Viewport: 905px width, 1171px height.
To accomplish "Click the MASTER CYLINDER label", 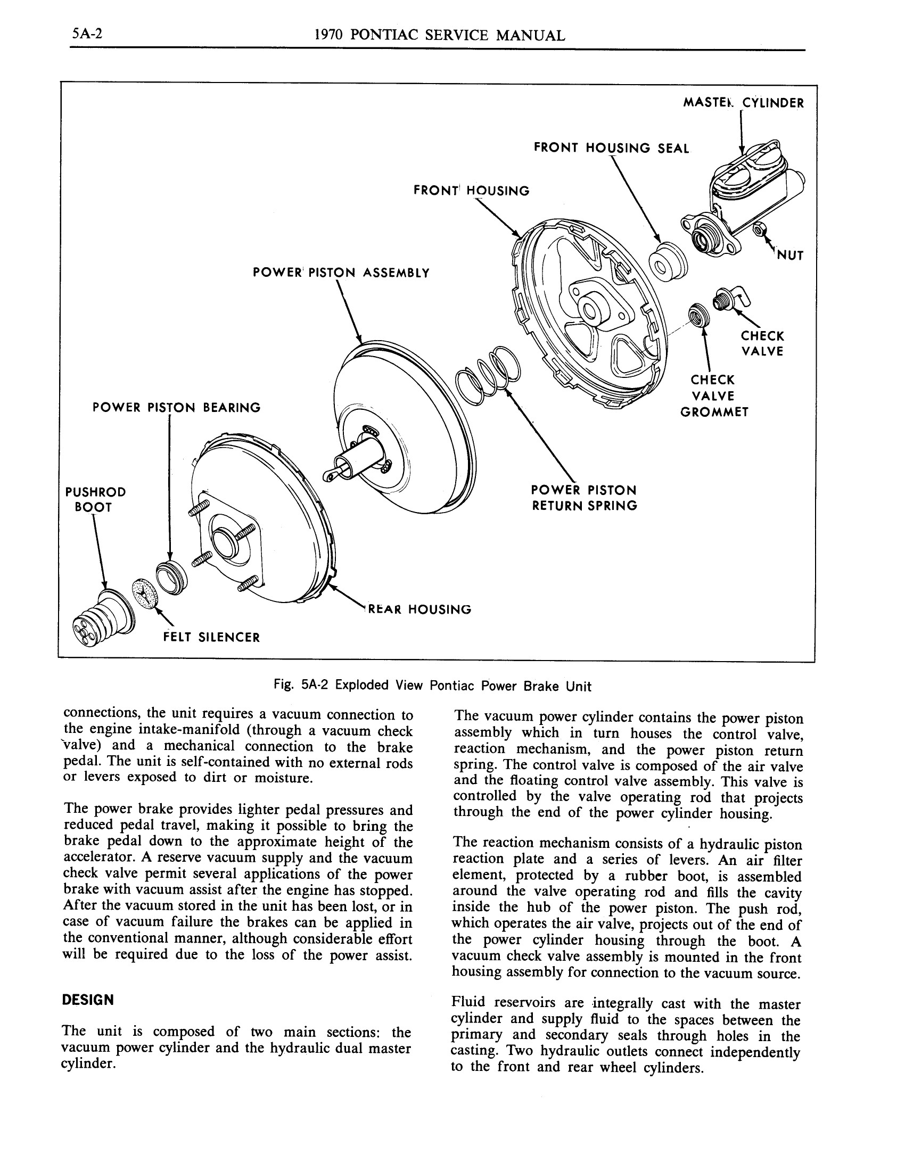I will pyautogui.click(x=743, y=103).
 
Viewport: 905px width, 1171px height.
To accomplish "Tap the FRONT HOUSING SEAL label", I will pyautogui.click(x=611, y=149).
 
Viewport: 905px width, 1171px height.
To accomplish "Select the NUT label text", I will pyautogui.click(x=789, y=255).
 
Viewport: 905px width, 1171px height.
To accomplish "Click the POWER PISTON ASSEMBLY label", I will pyautogui.click(x=341, y=273).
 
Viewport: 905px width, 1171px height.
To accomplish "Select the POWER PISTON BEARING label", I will pyautogui.click(x=176, y=408).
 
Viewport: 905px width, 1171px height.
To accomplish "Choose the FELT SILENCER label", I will pyautogui.click(x=211, y=638).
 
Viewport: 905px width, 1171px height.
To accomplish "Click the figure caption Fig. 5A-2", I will pyautogui.click(x=432, y=686).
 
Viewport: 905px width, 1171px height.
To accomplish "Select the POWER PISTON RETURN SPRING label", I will pyautogui.click(x=584, y=498).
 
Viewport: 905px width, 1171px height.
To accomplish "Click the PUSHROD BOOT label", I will pyautogui.click(x=95, y=499).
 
